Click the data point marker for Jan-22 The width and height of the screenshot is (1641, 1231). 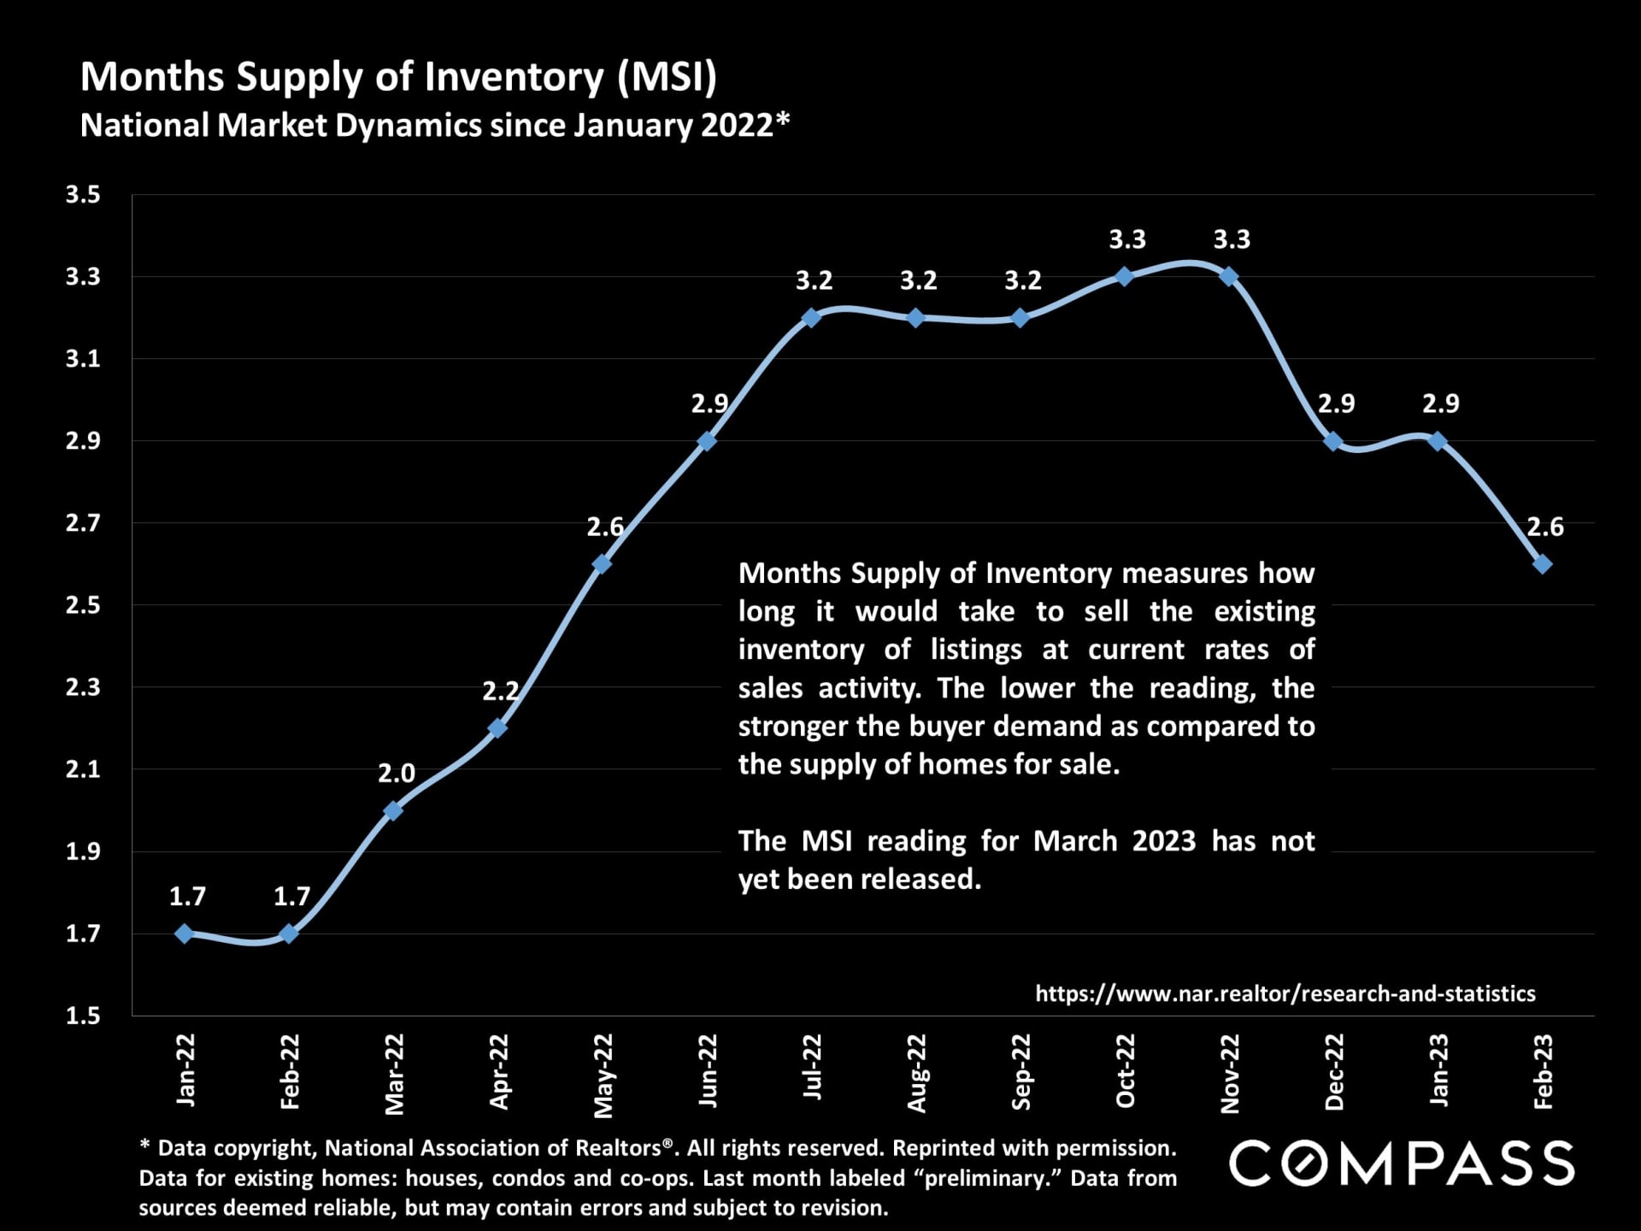click(184, 934)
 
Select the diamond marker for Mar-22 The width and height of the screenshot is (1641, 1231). click(393, 810)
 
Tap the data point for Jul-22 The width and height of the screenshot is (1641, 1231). click(811, 318)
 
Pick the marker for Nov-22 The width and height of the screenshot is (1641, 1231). click(1229, 276)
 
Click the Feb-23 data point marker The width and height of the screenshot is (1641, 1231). click(1543, 564)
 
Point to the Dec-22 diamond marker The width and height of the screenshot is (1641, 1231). click(1333, 441)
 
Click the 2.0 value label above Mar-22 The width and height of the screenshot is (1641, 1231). click(397, 774)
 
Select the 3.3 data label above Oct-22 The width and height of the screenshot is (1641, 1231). click(1127, 240)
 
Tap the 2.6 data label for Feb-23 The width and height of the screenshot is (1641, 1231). click(1545, 527)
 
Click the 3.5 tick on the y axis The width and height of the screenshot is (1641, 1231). click(83, 195)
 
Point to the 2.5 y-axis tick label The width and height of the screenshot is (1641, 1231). click(83, 605)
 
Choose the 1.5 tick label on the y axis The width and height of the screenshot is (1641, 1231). click(83, 1016)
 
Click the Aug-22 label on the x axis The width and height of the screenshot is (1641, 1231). click(917, 1073)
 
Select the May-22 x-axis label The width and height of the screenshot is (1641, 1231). click(603, 1075)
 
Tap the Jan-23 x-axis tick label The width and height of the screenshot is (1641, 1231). click(1439, 1070)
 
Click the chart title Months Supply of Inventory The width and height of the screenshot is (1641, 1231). click(398, 77)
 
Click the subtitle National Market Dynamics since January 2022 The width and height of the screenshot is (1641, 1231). click(434, 126)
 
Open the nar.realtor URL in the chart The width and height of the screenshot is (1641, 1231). click(1285, 993)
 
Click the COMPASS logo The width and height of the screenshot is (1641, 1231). click(1402, 1163)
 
